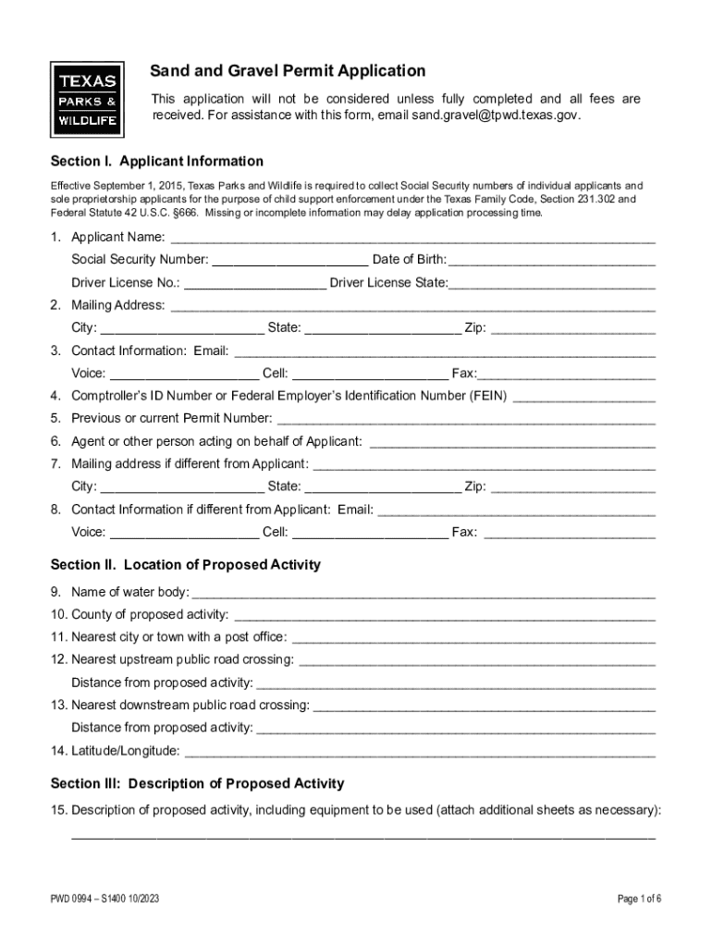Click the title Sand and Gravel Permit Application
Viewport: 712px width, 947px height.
[x=288, y=71]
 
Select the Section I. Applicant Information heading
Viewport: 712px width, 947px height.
[x=156, y=161]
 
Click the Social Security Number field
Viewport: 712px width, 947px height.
[x=289, y=260]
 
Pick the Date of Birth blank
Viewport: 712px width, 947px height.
[x=553, y=260]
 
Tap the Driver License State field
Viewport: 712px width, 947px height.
[x=552, y=283]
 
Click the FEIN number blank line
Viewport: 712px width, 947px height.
[x=583, y=396]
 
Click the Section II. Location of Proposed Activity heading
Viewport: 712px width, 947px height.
[x=186, y=564]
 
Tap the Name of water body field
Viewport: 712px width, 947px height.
[x=424, y=592]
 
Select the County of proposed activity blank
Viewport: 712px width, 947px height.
[x=444, y=615]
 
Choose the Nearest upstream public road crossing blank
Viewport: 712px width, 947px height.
[x=477, y=660]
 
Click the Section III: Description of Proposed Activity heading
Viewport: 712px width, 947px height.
[x=197, y=783]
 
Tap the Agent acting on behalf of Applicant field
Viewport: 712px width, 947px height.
[x=511, y=441]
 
